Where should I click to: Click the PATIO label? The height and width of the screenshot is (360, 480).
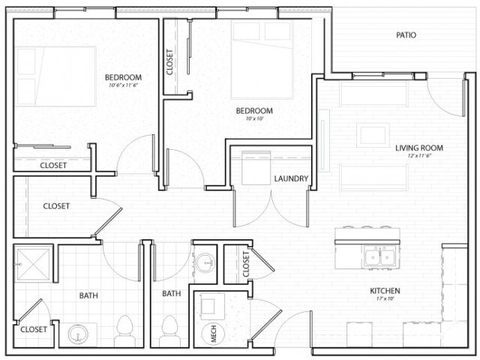(x=406, y=35)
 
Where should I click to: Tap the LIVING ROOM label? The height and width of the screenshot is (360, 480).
(x=419, y=148)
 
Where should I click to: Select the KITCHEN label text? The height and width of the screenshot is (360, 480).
(x=384, y=291)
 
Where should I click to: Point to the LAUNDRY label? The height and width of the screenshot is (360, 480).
(x=292, y=178)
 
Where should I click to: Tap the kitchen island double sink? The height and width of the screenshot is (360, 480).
(x=380, y=257)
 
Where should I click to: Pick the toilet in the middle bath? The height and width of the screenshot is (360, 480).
(x=169, y=331)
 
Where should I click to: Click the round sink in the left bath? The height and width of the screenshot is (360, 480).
(x=77, y=334)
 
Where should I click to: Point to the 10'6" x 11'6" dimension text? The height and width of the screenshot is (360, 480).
(x=123, y=85)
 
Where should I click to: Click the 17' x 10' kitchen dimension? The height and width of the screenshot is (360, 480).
(x=384, y=299)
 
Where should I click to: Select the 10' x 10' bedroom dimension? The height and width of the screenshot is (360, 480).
(x=254, y=118)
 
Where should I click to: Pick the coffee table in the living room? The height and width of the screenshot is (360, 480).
(x=373, y=136)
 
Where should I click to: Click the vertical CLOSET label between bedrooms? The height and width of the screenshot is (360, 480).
(x=171, y=62)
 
